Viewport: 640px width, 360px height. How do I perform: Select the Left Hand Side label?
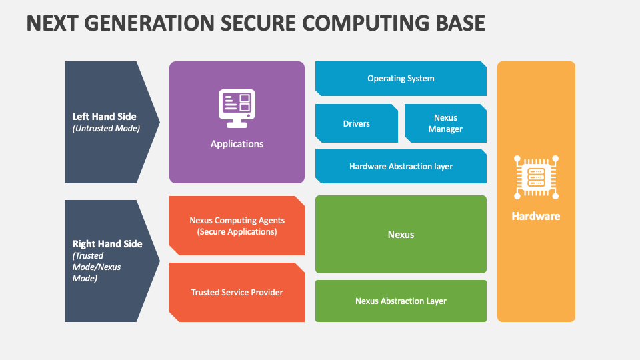(x=105, y=117)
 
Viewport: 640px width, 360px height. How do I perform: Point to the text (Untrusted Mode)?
(x=106, y=129)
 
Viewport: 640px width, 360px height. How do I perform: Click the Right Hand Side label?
(x=107, y=244)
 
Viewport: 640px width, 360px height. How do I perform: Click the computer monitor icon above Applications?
(x=237, y=107)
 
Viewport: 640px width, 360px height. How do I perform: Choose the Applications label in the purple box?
(x=237, y=144)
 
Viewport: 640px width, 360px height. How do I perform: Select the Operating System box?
(x=401, y=79)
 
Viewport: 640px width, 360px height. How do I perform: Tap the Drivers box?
(x=356, y=123)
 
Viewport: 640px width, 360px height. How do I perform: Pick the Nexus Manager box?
(x=445, y=123)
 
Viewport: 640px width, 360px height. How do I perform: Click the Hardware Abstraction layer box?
(x=401, y=166)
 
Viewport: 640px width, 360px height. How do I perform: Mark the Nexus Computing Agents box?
(x=237, y=221)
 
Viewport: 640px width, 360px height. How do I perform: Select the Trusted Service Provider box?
(x=237, y=293)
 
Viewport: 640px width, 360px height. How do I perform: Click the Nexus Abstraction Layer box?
(x=401, y=301)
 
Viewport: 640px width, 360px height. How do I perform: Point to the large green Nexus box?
(x=401, y=235)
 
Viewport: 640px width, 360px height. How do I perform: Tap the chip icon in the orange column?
(x=536, y=177)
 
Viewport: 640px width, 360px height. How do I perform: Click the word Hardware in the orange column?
(x=536, y=217)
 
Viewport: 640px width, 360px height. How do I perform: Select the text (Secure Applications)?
(x=237, y=232)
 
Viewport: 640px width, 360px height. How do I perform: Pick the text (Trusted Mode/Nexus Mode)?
(x=97, y=267)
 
